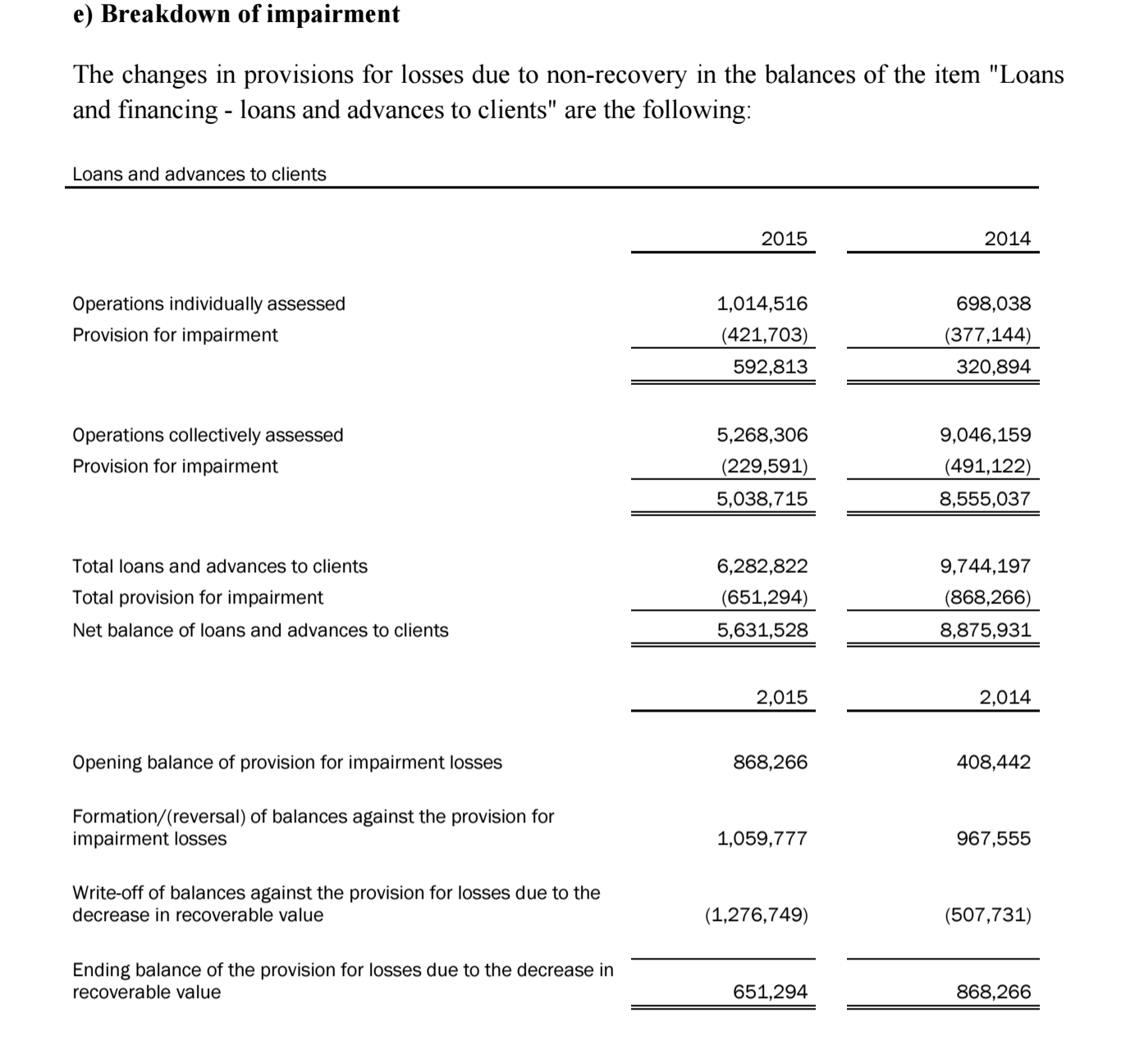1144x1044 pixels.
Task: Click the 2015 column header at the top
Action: (784, 239)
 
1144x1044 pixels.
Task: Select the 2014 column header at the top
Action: (1007, 239)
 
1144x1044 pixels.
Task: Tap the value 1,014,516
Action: (762, 304)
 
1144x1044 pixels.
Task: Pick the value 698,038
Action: (993, 304)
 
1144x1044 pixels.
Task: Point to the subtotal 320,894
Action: (993, 367)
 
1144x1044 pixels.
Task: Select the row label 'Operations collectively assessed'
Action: (208, 435)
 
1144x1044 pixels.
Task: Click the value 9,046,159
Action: (985, 435)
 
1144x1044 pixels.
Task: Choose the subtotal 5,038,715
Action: (762, 499)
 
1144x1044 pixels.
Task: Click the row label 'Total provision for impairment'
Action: (198, 598)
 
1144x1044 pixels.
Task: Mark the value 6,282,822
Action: (762, 566)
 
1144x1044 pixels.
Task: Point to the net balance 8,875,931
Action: (985, 630)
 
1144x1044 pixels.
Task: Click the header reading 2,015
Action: (781, 698)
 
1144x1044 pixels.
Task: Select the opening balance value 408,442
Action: (993, 762)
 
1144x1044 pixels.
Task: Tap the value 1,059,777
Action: (762, 839)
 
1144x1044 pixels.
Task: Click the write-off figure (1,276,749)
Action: (756, 915)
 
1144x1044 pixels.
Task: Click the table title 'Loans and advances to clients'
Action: (199, 174)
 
